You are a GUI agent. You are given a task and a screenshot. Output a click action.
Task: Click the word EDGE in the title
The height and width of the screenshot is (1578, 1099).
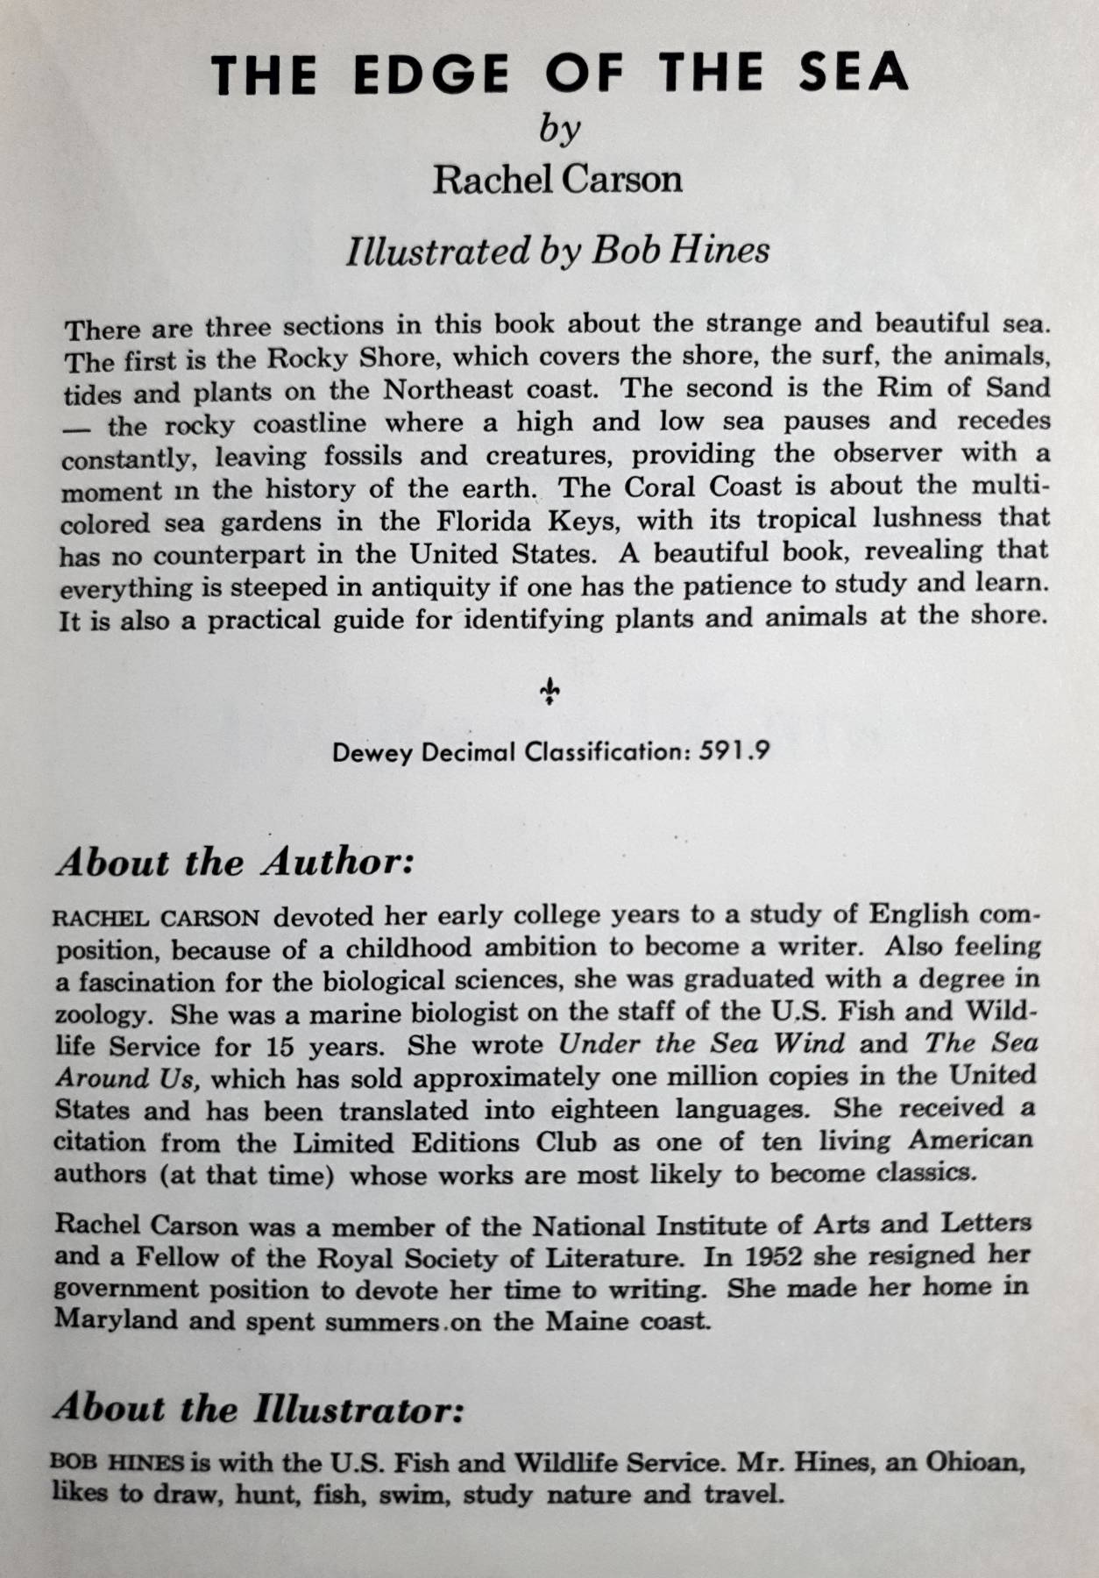pos(431,74)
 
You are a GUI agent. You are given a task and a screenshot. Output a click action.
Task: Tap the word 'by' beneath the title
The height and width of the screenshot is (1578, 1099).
pos(559,131)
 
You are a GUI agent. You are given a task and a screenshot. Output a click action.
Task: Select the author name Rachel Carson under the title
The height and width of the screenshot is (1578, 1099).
pos(557,180)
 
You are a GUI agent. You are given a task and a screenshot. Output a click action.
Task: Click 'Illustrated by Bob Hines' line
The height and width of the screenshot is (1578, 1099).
pos(557,251)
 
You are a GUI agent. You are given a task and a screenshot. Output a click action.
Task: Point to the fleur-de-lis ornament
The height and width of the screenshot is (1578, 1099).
pos(549,692)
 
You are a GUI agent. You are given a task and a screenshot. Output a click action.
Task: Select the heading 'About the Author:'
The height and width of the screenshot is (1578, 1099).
pos(235,863)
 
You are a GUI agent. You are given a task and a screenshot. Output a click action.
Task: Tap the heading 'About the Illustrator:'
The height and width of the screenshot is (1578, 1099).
pos(258,1409)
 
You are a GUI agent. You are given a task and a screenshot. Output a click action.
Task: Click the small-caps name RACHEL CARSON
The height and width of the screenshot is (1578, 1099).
pos(157,919)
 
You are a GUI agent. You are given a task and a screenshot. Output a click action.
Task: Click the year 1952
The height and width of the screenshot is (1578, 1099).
pos(772,1256)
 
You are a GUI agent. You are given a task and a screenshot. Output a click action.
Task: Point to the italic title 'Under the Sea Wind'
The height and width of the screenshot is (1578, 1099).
pos(701,1044)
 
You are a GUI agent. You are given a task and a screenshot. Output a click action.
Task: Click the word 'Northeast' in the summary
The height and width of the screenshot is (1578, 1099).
pos(450,390)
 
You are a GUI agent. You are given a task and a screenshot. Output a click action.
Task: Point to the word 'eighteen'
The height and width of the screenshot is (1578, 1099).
pos(604,1110)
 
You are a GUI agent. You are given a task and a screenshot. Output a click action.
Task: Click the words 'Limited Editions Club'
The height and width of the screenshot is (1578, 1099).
pos(444,1142)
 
